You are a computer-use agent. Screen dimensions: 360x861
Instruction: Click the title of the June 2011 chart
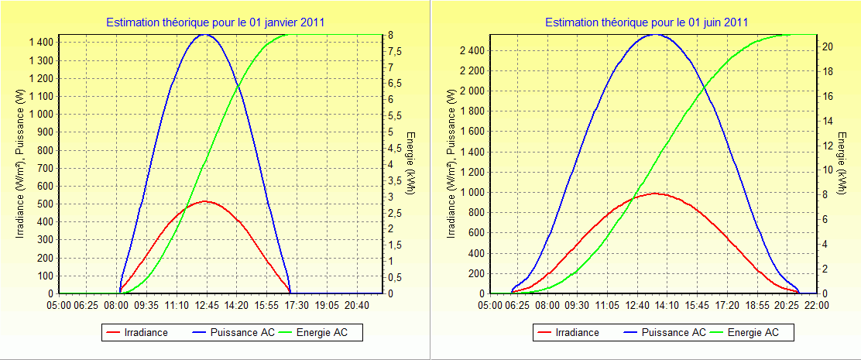[x=647, y=22]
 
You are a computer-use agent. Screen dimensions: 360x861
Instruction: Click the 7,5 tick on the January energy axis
[x=394, y=51]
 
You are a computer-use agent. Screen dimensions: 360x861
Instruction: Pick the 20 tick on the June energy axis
[x=827, y=46]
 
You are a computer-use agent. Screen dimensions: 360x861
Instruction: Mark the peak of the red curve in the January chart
[x=205, y=201]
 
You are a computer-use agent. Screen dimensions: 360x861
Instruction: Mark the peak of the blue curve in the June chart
[x=655, y=34]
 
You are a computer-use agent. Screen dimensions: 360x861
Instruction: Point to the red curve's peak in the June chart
[x=655, y=194]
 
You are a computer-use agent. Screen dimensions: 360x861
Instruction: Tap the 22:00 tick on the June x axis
[x=817, y=305]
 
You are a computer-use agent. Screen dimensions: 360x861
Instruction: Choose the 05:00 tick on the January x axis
[x=60, y=305]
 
